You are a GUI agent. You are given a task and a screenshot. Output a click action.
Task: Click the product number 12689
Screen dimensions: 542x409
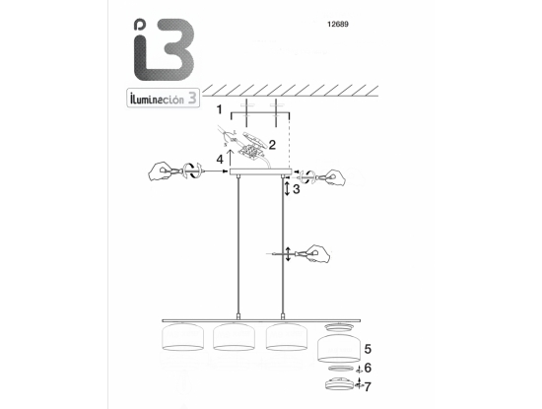(338, 25)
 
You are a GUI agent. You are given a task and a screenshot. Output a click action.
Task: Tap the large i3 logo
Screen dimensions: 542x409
(164, 49)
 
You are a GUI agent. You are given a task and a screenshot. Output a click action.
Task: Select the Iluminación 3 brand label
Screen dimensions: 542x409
(164, 98)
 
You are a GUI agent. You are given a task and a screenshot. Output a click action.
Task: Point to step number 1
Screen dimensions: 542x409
(219, 109)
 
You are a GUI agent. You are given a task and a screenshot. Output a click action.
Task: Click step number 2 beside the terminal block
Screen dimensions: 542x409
(272, 145)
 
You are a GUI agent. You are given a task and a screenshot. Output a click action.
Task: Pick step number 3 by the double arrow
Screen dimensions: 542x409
(297, 189)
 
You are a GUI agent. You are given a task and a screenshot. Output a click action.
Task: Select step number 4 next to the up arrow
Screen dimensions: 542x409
(220, 160)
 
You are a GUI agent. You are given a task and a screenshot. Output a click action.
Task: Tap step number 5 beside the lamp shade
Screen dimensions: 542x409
(368, 349)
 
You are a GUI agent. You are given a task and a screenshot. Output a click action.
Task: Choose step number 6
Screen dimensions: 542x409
(368, 368)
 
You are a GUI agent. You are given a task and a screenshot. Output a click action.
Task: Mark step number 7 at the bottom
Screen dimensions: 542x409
(368, 386)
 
